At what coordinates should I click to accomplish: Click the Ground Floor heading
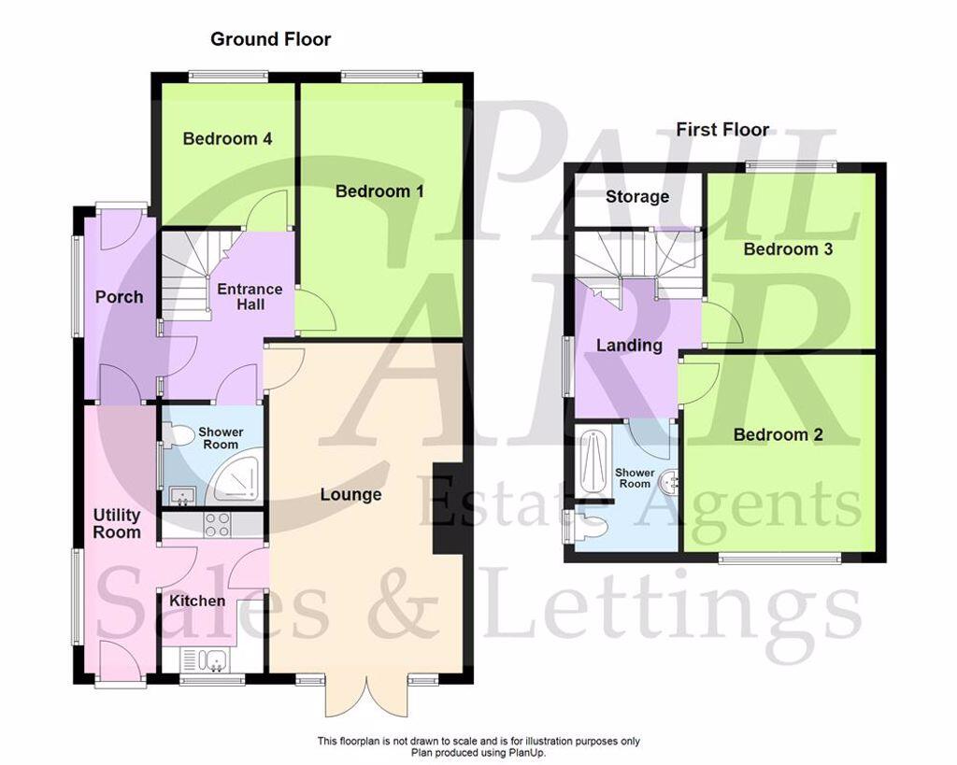[270, 39]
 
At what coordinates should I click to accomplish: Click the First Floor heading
[722, 130]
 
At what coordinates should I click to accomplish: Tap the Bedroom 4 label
[227, 139]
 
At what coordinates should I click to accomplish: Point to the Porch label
[120, 297]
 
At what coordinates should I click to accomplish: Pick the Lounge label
[350, 494]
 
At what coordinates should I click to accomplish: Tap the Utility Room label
[117, 523]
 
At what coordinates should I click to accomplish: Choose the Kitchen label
[196, 601]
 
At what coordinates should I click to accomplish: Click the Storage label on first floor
[636, 197]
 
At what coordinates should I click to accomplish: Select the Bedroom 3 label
[788, 249]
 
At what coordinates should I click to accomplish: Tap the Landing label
[629, 346]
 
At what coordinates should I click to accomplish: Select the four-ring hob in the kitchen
[217, 525]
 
